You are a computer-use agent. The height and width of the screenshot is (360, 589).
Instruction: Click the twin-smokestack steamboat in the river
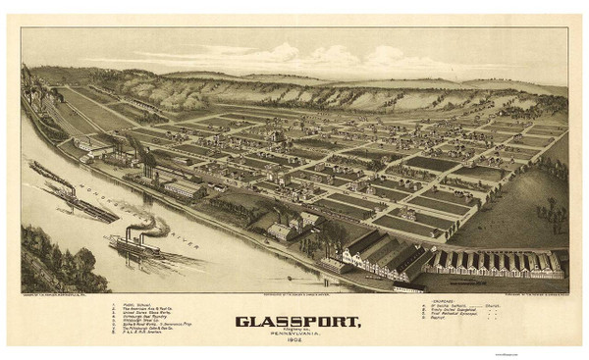coord(136,245)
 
